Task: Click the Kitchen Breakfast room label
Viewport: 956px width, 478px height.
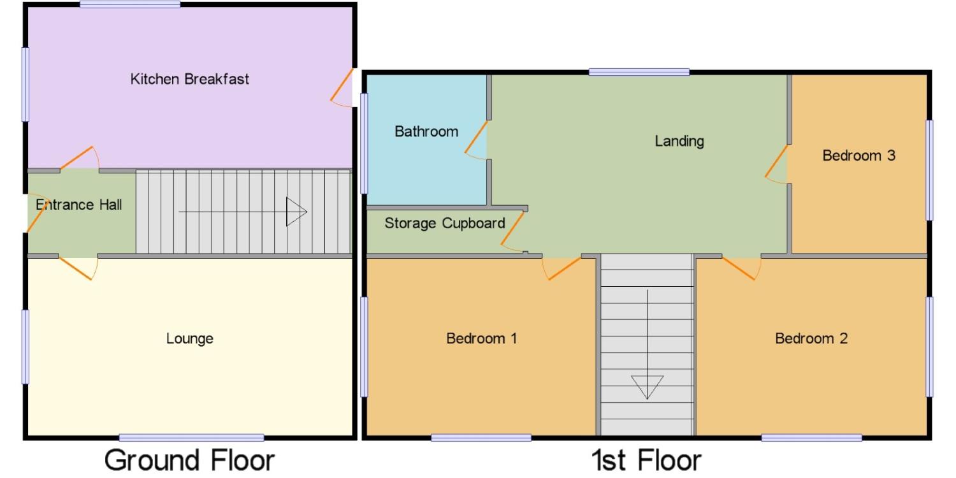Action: pyautogui.click(x=189, y=79)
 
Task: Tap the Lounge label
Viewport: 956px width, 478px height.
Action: pyautogui.click(x=189, y=338)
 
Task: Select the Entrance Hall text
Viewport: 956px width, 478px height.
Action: pyautogui.click(x=78, y=205)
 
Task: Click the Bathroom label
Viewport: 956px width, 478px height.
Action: pyautogui.click(x=426, y=131)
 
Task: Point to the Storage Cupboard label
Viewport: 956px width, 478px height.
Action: pyautogui.click(x=445, y=223)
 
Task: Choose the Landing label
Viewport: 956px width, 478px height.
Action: pyautogui.click(x=679, y=141)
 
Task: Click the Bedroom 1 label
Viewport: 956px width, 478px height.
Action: pyautogui.click(x=481, y=338)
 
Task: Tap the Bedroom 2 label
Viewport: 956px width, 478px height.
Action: pyautogui.click(x=811, y=338)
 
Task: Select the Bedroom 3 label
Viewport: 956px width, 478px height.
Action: pyautogui.click(x=858, y=156)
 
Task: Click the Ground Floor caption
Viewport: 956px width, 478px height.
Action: pyautogui.click(x=189, y=461)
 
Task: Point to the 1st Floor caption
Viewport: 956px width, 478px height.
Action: pyautogui.click(x=646, y=461)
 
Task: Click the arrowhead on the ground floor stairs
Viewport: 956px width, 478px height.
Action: pyautogui.click(x=296, y=212)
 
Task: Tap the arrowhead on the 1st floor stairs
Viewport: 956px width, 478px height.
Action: pyautogui.click(x=647, y=387)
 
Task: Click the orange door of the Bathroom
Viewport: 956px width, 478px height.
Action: pyautogui.click(x=476, y=138)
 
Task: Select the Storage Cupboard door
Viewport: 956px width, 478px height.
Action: pyautogui.click(x=512, y=229)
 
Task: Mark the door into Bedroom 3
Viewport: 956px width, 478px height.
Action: pyautogui.click(x=776, y=161)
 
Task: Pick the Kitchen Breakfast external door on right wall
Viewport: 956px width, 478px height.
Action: pyautogui.click(x=342, y=85)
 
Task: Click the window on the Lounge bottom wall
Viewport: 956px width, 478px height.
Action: pyautogui.click(x=192, y=437)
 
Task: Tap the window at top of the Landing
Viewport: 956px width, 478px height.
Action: pyautogui.click(x=639, y=72)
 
